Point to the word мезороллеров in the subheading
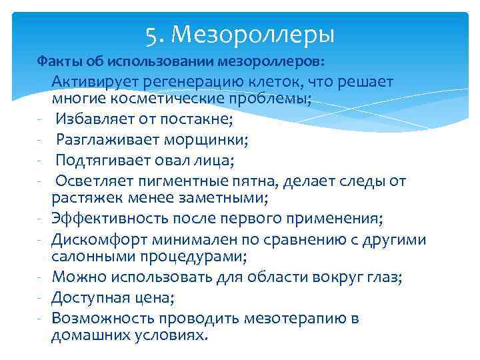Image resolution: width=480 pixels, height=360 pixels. pyautogui.click(x=283, y=62)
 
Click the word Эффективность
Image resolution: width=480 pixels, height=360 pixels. pyautogui.click(x=109, y=219)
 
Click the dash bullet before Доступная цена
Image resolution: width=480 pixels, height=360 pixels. pyautogui.click(x=41, y=298)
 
